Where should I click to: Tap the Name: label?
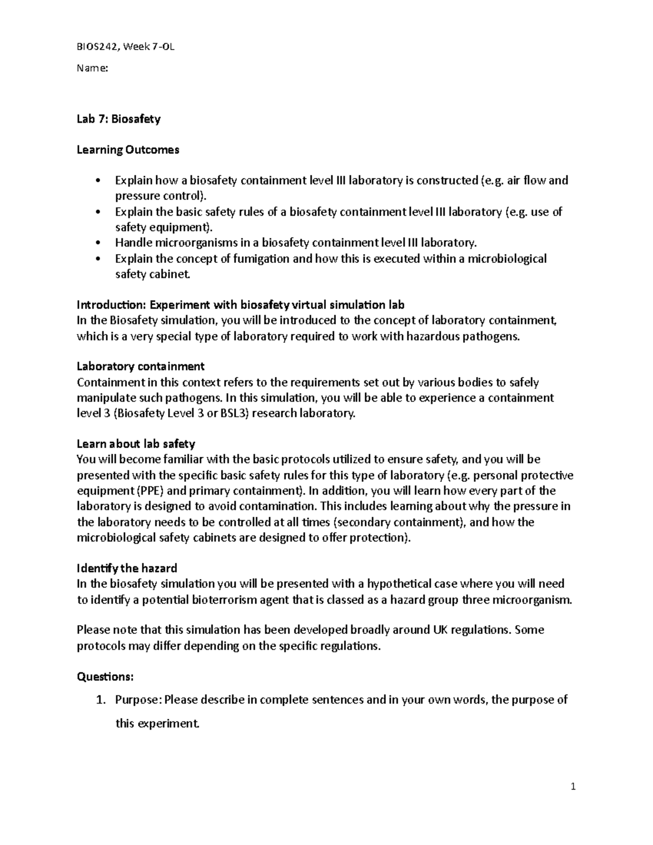click(x=93, y=69)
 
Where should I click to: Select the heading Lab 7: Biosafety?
click(x=119, y=119)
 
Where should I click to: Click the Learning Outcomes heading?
click(x=128, y=150)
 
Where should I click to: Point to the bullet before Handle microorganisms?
click(x=98, y=243)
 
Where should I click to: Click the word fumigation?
click(x=261, y=258)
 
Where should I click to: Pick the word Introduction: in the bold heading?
click(x=112, y=305)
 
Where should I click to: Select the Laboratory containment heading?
click(x=140, y=366)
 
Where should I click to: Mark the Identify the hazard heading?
click(x=127, y=568)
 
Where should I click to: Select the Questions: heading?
click(x=105, y=676)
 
